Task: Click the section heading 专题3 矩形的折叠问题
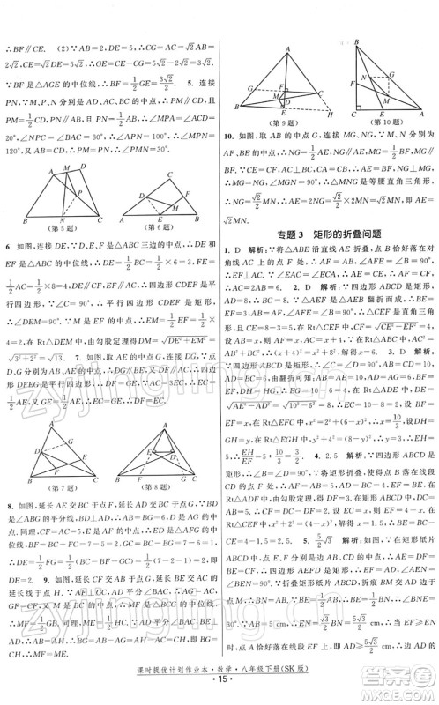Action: (x=329, y=234)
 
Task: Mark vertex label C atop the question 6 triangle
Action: (x=168, y=174)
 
